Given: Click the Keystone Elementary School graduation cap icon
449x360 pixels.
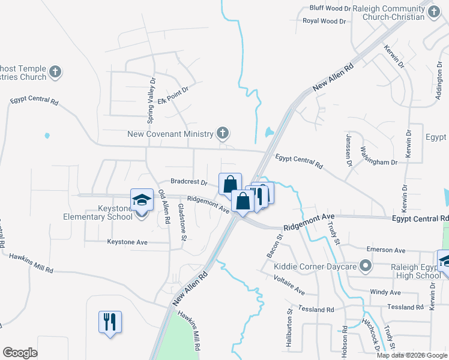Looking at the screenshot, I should pos(142,200).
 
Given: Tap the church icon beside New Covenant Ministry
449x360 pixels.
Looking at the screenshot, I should pos(222,133).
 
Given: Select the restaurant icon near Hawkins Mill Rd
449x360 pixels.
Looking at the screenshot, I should pos(110,322).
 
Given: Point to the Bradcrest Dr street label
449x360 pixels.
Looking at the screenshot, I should pos(188,182).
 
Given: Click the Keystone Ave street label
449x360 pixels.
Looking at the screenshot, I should pos(127,242).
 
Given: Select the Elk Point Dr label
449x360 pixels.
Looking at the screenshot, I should pos(173,95).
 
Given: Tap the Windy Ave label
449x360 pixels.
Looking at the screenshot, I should pos(385,292).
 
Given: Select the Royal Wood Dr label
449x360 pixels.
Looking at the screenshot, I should pos(324,20).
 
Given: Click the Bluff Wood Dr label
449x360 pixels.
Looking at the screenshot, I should pos(330,8).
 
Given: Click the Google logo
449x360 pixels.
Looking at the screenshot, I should pos(20,352).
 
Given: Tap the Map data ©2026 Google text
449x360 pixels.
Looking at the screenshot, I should pos(411,355).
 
